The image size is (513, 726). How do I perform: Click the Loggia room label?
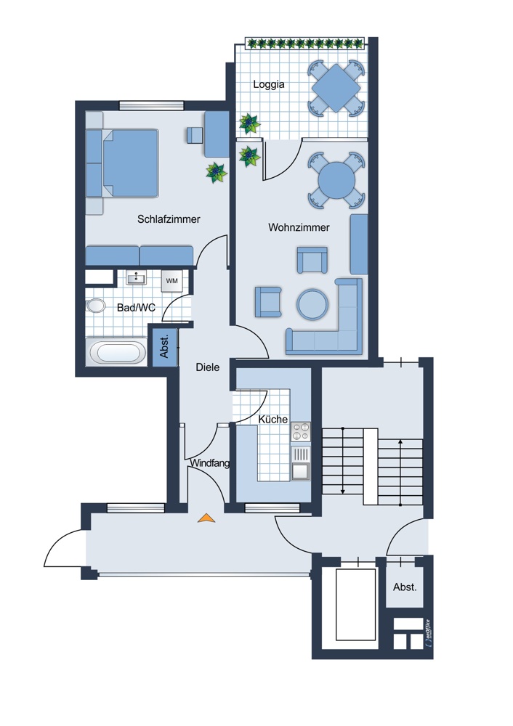tap(269, 84)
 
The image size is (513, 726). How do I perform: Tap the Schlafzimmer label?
tap(169, 219)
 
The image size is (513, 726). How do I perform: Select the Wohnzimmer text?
tap(299, 228)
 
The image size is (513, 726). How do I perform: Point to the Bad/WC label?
tap(136, 308)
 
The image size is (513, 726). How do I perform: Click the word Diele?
tap(208, 367)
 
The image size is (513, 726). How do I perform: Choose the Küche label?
tap(273, 420)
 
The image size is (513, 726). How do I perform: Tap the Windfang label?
tap(210, 463)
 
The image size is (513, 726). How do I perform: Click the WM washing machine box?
tap(172, 280)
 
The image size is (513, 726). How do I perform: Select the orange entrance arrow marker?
tap(206, 518)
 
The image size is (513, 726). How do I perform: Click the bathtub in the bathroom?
tap(117, 354)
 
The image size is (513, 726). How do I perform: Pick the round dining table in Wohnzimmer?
tap(336, 179)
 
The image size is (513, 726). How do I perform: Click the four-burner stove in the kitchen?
tap(300, 433)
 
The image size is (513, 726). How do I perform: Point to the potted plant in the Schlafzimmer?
tap(216, 172)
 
